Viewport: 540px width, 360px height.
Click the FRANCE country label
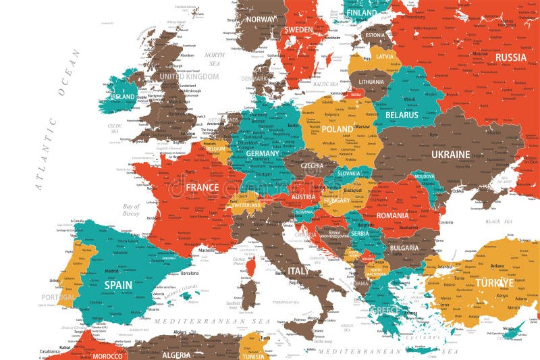click(x=202, y=187)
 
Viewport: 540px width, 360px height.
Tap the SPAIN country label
click(x=118, y=285)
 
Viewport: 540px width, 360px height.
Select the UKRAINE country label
click(x=450, y=155)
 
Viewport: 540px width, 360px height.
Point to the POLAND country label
click(x=337, y=128)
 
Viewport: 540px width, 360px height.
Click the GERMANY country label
click(x=263, y=153)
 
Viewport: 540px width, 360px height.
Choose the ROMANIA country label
click(x=393, y=215)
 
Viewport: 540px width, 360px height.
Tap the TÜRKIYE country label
click(x=495, y=282)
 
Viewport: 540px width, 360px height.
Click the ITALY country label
click(x=299, y=271)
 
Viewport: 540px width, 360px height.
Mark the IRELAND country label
click(x=123, y=97)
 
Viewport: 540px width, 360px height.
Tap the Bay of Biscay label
click(x=131, y=210)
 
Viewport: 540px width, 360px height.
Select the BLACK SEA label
click(x=499, y=222)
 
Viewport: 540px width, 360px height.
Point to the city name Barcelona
click(x=190, y=274)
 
